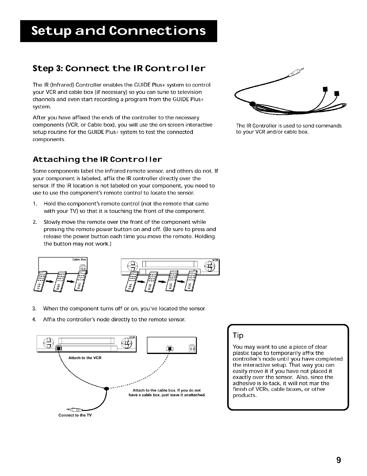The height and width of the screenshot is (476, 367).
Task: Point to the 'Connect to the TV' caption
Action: pyautogui.click(x=75, y=415)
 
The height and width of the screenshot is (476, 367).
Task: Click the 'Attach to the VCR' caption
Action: pyautogui.click(x=85, y=358)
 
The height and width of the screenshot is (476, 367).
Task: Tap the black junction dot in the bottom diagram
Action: pyautogui.click(x=106, y=389)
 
